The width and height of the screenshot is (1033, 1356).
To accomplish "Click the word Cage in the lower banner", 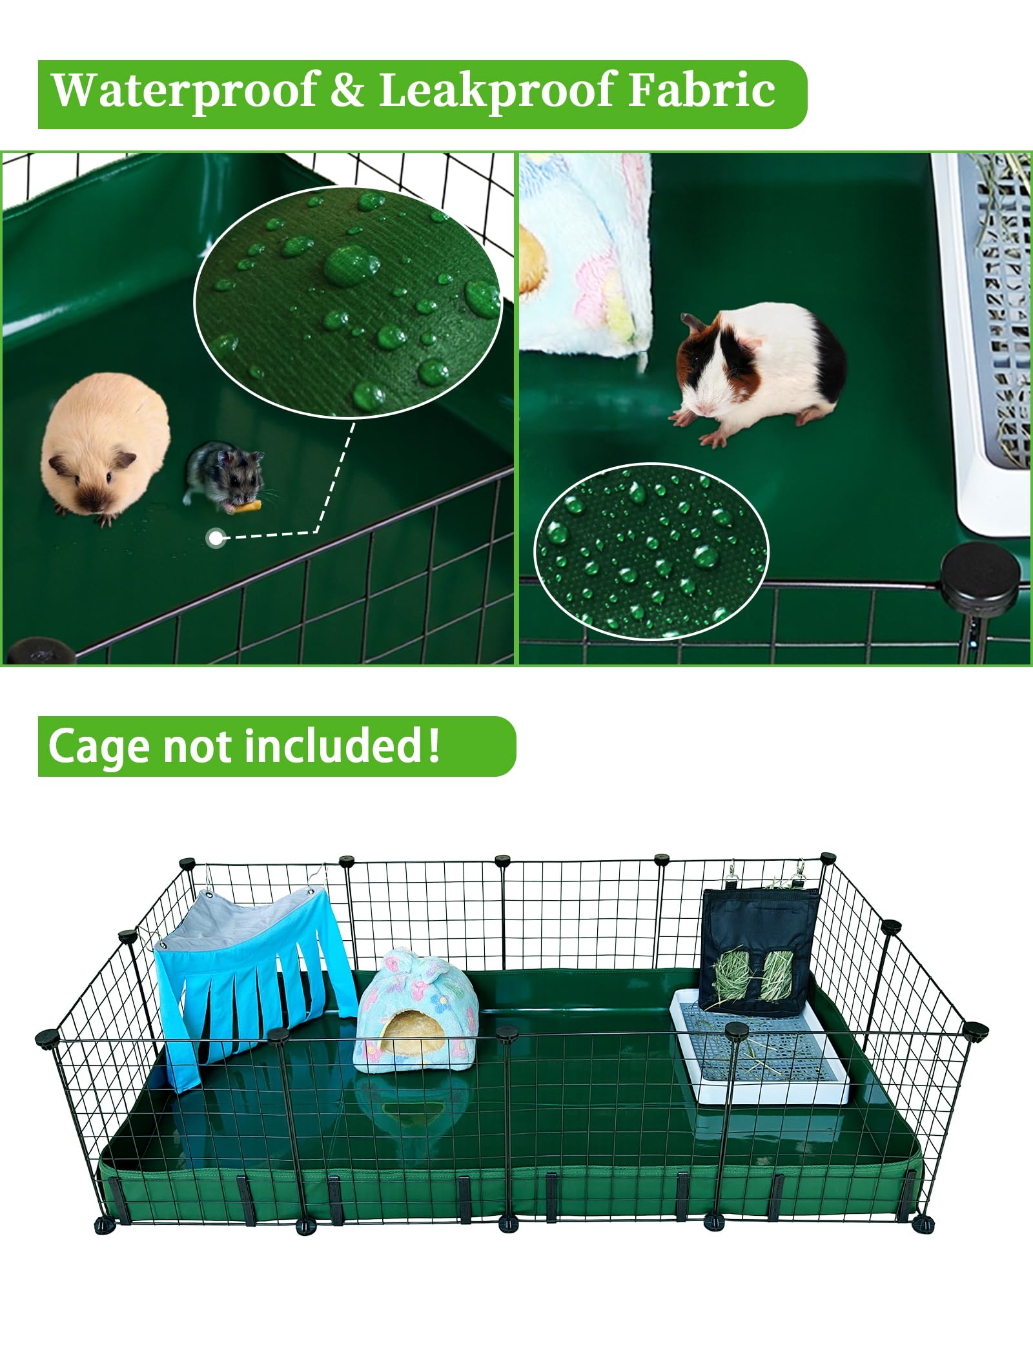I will [99, 747].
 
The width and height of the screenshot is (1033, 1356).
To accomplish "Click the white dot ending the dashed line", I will [215, 537].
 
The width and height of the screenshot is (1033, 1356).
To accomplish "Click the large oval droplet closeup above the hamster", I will [349, 303].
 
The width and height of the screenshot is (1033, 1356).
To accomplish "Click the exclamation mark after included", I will [433, 744].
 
